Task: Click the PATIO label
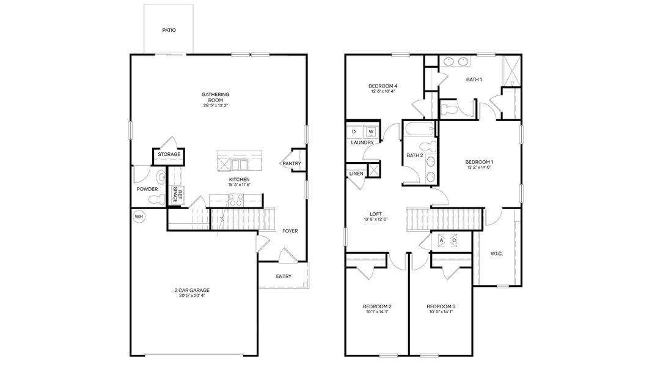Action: tap(169, 30)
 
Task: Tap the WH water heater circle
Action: tap(139, 217)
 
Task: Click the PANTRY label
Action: tap(291, 164)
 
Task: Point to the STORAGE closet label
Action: tap(169, 155)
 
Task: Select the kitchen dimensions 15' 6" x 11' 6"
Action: tap(240, 185)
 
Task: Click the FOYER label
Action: tap(290, 231)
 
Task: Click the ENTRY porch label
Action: tap(284, 276)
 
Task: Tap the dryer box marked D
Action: tap(354, 132)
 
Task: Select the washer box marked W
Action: tap(370, 132)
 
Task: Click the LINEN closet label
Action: tap(356, 174)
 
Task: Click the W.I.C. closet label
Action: tap(496, 253)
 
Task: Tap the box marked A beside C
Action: tap(441, 241)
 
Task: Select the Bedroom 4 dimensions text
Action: tap(383, 92)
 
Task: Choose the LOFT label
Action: tap(376, 213)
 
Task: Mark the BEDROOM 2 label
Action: tap(377, 306)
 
